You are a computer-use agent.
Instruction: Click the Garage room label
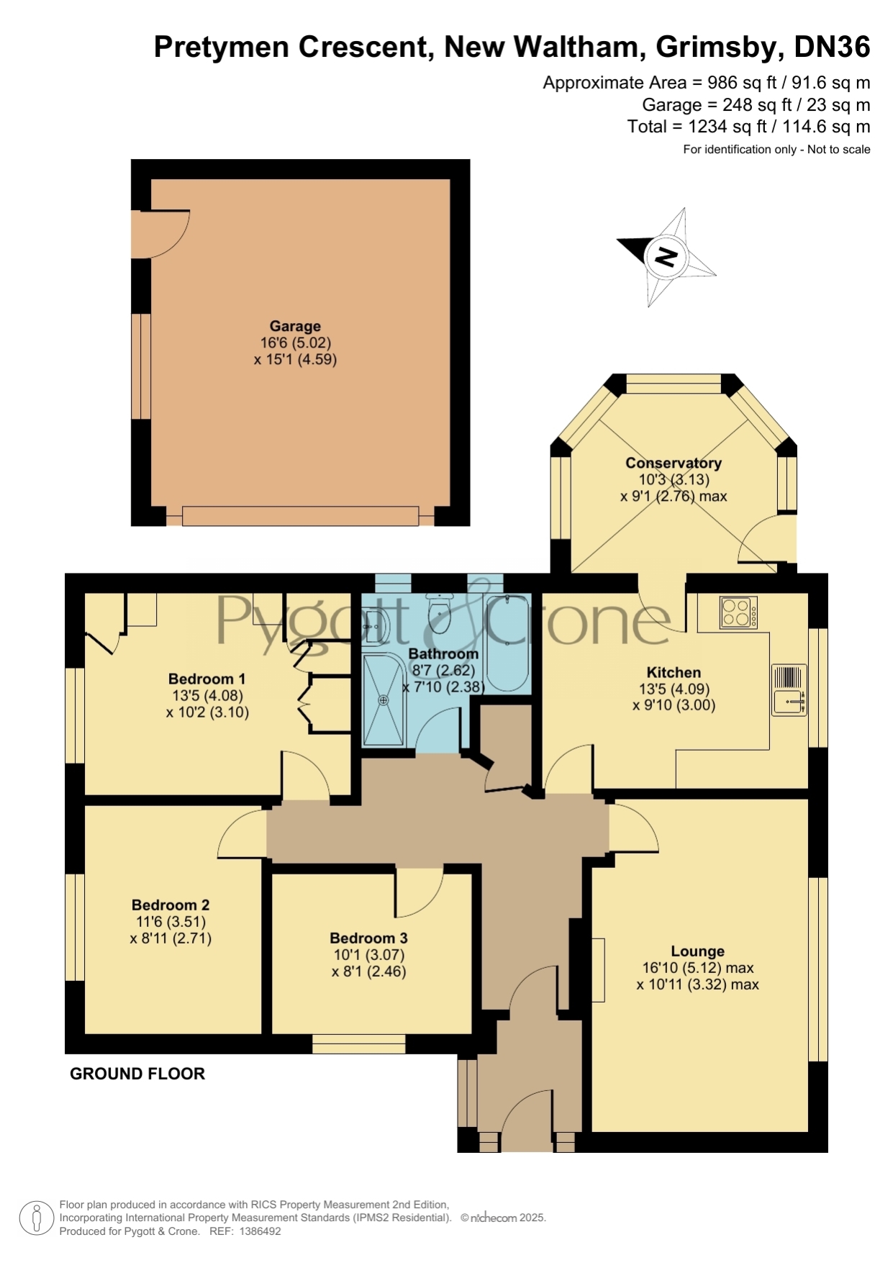click(x=295, y=326)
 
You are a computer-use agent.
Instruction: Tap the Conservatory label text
click(x=674, y=463)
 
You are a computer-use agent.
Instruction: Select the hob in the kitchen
click(x=739, y=612)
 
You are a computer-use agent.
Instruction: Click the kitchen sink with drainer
click(x=789, y=689)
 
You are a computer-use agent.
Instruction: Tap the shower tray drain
click(x=384, y=700)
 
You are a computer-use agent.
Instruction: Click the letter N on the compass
click(x=666, y=256)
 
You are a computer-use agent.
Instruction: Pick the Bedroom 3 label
click(x=368, y=938)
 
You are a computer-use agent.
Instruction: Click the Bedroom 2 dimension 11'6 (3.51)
click(x=171, y=921)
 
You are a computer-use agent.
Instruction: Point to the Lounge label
click(x=697, y=951)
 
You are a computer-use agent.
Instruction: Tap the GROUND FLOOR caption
click(x=137, y=1073)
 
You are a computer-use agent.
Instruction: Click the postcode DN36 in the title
click(x=832, y=47)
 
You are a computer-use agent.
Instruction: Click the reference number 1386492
click(x=259, y=1231)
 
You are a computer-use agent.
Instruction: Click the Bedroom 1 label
click(x=207, y=679)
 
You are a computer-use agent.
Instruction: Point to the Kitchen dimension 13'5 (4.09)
click(x=674, y=689)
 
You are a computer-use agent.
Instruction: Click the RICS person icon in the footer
click(x=36, y=1218)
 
